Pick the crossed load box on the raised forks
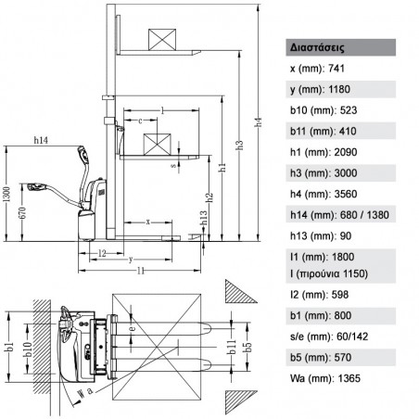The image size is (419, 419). click(x=164, y=40)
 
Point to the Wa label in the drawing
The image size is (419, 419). click(x=85, y=392)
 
